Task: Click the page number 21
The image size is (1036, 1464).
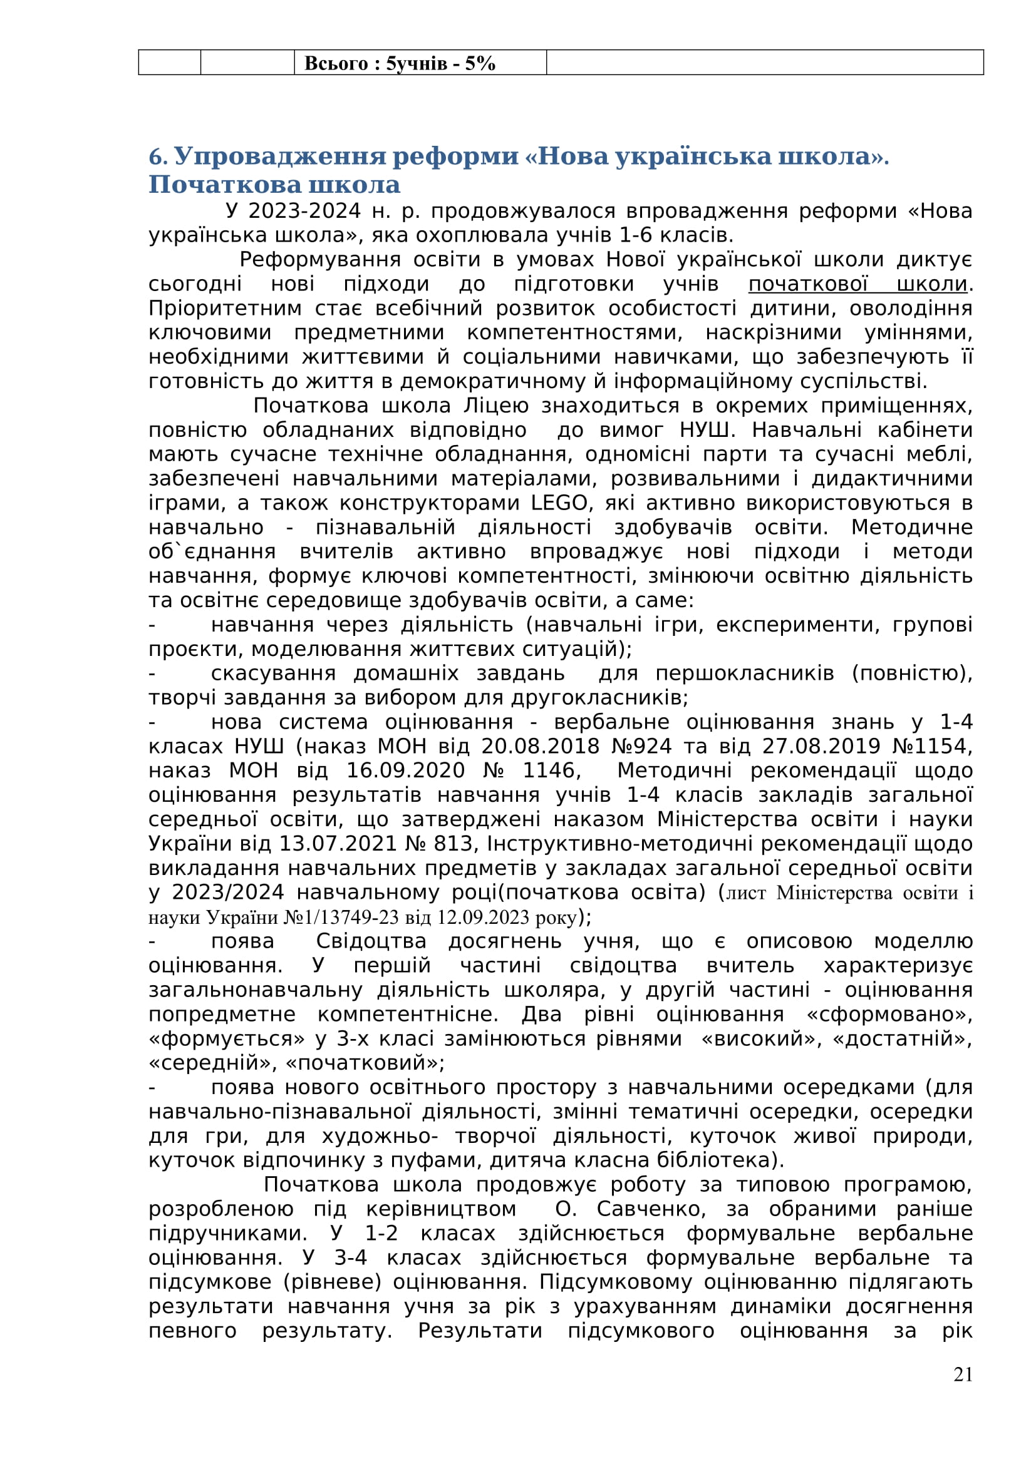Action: [963, 1374]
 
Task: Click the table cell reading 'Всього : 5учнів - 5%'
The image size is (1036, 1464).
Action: [400, 63]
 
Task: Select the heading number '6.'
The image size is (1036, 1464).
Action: [158, 156]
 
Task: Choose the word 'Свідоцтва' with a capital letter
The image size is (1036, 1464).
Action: [371, 941]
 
